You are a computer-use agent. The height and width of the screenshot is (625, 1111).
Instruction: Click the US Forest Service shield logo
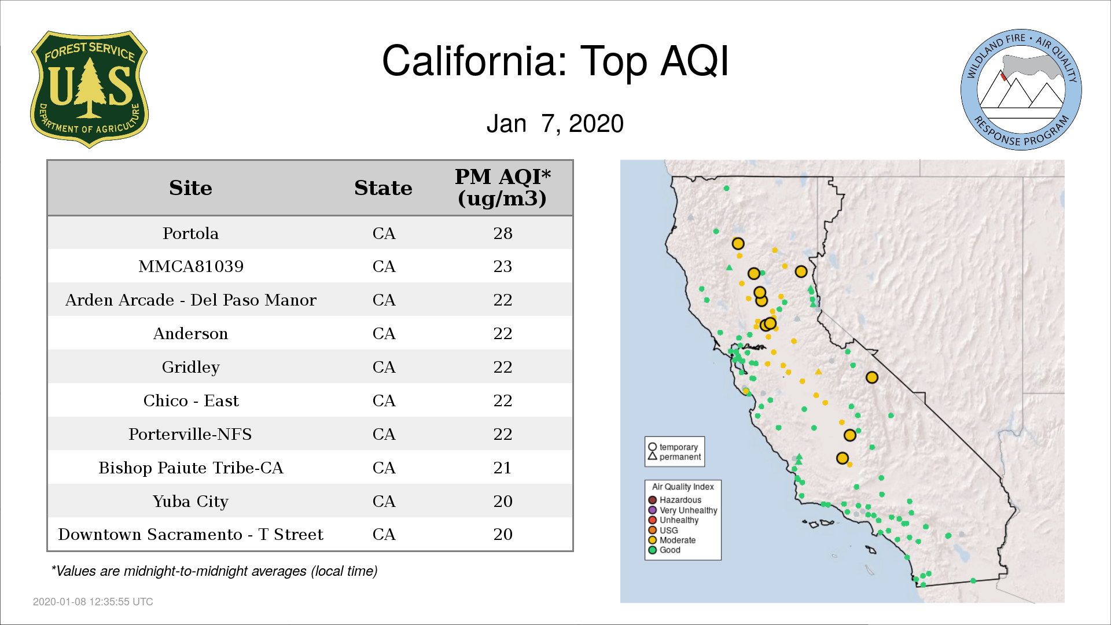point(89,89)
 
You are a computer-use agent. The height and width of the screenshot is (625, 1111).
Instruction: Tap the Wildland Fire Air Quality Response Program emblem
point(1021,90)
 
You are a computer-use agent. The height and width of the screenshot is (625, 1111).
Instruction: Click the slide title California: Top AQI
point(555,61)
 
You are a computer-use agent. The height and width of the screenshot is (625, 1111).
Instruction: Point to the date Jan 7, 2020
point(555,123)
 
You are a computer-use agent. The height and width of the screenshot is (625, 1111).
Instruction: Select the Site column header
point(190,188)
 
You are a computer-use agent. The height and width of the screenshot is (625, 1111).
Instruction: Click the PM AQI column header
point(502,187)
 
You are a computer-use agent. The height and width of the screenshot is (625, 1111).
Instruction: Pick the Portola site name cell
point(190,233)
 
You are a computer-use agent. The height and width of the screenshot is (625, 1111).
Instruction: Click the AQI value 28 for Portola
point(503,233)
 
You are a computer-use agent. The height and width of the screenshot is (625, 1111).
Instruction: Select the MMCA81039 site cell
point(191,266)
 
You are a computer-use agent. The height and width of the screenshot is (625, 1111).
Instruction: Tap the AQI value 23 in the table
point(503,266)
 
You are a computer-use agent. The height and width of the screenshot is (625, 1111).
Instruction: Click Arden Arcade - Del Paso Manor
point(191,300)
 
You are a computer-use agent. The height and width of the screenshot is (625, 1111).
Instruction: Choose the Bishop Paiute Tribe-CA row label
point(191,468)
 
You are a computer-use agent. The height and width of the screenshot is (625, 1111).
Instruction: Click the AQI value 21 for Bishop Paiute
point(502,468)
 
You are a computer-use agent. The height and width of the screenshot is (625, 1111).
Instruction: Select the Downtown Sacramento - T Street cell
point(191,534)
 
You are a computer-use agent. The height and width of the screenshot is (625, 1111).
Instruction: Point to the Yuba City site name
point(190,501)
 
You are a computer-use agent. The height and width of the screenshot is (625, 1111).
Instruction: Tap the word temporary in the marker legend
point(679,447)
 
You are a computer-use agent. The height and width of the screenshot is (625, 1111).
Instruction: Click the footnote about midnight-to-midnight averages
point(214,571)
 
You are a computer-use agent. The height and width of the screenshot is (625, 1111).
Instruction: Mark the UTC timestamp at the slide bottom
point(93,602)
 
